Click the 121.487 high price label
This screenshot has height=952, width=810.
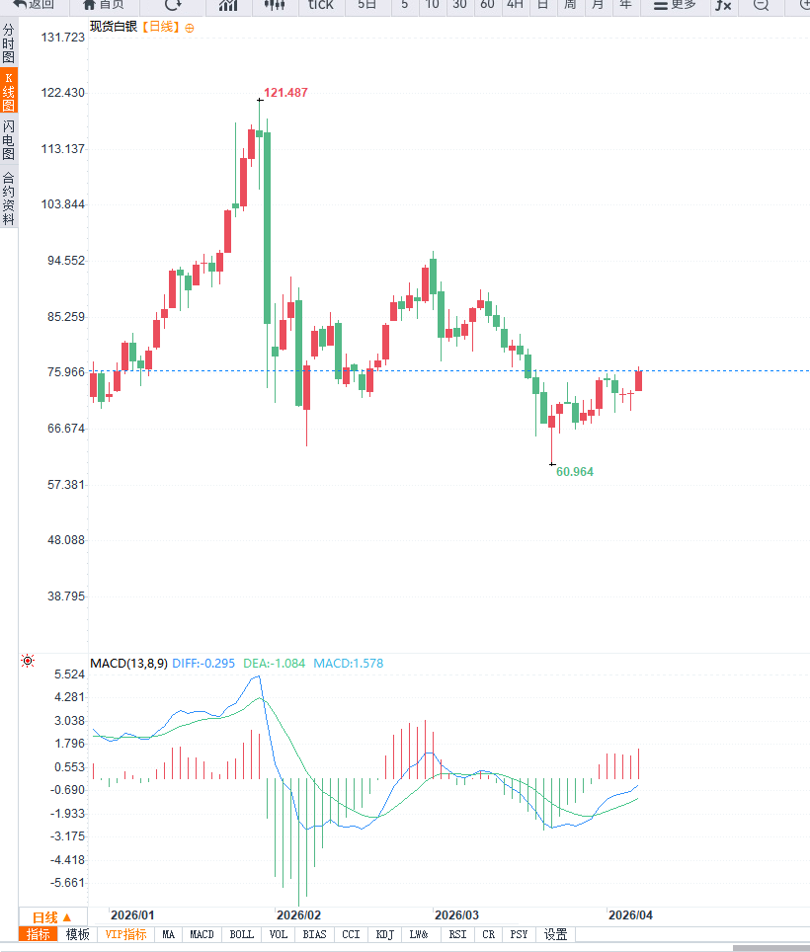pyautogui.click(x=285, y=93)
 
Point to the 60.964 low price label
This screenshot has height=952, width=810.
pyautogui.click(x=575, y=472)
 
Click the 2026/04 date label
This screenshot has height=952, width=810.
pyautogui.click(x=630, y=914)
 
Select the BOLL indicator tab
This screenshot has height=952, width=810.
pyautogui.click(x=241, y=934)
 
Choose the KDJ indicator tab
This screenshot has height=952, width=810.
pyautogui.click(x=385, y=934)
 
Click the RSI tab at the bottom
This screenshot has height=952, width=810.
pyautogui.click(x=457, y=934)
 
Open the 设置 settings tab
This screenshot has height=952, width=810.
pyautogui.click(x=556, y=934)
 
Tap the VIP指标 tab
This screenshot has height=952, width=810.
pyautogui.click(x=125, y=934)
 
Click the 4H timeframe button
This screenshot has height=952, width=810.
pyautogui.click(x=515, y=5)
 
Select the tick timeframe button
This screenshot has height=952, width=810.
pyautogui.click(x=320, y=5)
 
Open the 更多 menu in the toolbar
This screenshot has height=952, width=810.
pyautogui.click(x=676, y=5)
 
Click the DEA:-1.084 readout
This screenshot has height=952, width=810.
pyautogui.click(x=275, y=664)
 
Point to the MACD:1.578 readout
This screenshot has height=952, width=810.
pyautogui.click(x=349, y=664)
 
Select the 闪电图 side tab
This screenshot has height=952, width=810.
pyautogui.click(x=8, y=140)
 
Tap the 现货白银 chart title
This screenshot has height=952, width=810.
pyautogui.click(x=114, y=27)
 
